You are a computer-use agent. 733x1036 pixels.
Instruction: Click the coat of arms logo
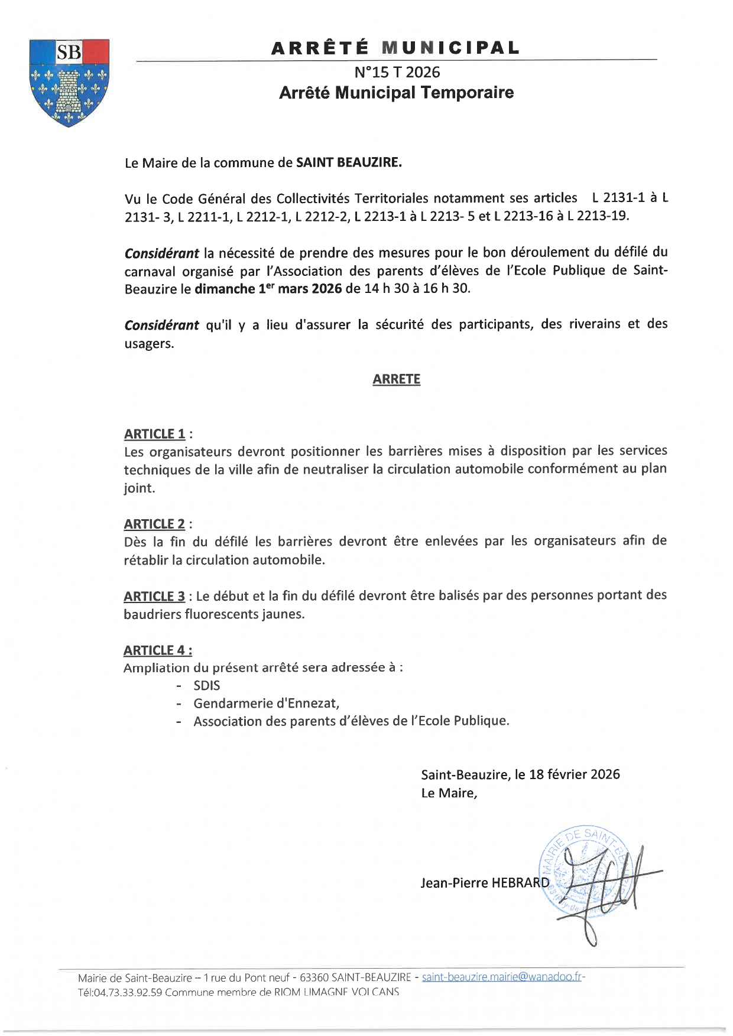tap(70, 82)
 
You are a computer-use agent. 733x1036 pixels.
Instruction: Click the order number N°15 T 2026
tap(397, 72)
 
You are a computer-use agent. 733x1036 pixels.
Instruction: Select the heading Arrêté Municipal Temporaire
tap(396, 93)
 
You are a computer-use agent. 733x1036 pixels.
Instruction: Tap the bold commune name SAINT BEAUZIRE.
tap(349, 162)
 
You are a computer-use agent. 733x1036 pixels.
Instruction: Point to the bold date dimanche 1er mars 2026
tap(268, 289)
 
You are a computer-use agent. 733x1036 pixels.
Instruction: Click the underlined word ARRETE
tap(396, 379)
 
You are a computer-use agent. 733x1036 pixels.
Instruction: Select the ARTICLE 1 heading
tap(155, 434)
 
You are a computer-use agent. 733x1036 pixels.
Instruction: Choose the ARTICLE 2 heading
tap(154, 524)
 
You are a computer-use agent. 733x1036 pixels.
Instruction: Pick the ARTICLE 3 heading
tap(154, 597)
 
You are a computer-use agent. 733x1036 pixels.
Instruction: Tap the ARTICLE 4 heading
tap(157, 650)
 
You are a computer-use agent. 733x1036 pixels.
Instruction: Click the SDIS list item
tap(207, 686)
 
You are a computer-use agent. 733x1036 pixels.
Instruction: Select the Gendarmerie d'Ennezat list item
tap(266, 703)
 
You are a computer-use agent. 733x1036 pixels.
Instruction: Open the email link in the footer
tap(502, 977)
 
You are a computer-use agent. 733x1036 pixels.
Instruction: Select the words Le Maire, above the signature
tap(449, 793)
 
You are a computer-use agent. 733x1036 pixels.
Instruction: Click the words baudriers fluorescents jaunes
tap(214, 614)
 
